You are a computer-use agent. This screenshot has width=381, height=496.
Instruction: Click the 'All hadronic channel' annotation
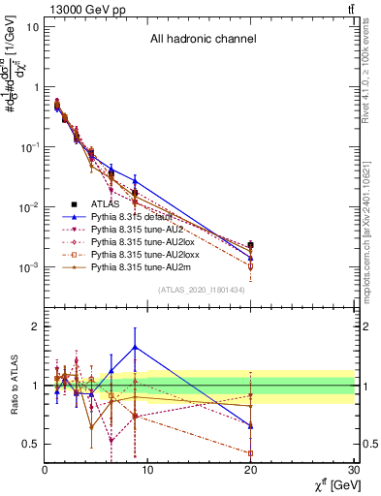203,40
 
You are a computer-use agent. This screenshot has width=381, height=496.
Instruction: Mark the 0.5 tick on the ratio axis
30,444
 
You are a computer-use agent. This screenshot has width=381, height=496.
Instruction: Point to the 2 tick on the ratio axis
35,326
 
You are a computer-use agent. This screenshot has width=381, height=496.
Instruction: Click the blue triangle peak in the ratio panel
135,346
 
